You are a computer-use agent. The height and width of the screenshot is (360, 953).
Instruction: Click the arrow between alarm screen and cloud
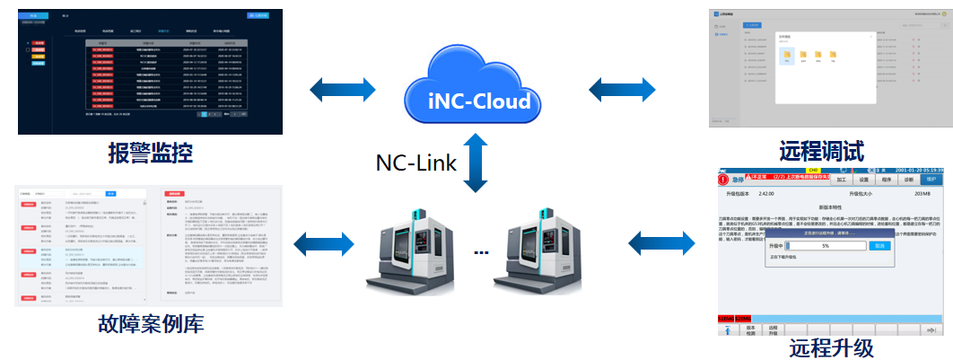point(343,90)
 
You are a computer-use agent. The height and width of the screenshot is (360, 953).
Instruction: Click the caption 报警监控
point(150,154)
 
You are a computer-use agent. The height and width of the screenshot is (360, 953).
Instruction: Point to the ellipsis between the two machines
point(481,252)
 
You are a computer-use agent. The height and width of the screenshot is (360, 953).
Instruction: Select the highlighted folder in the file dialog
point(786,56)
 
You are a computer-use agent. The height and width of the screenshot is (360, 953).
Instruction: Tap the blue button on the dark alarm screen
point(259,15)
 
